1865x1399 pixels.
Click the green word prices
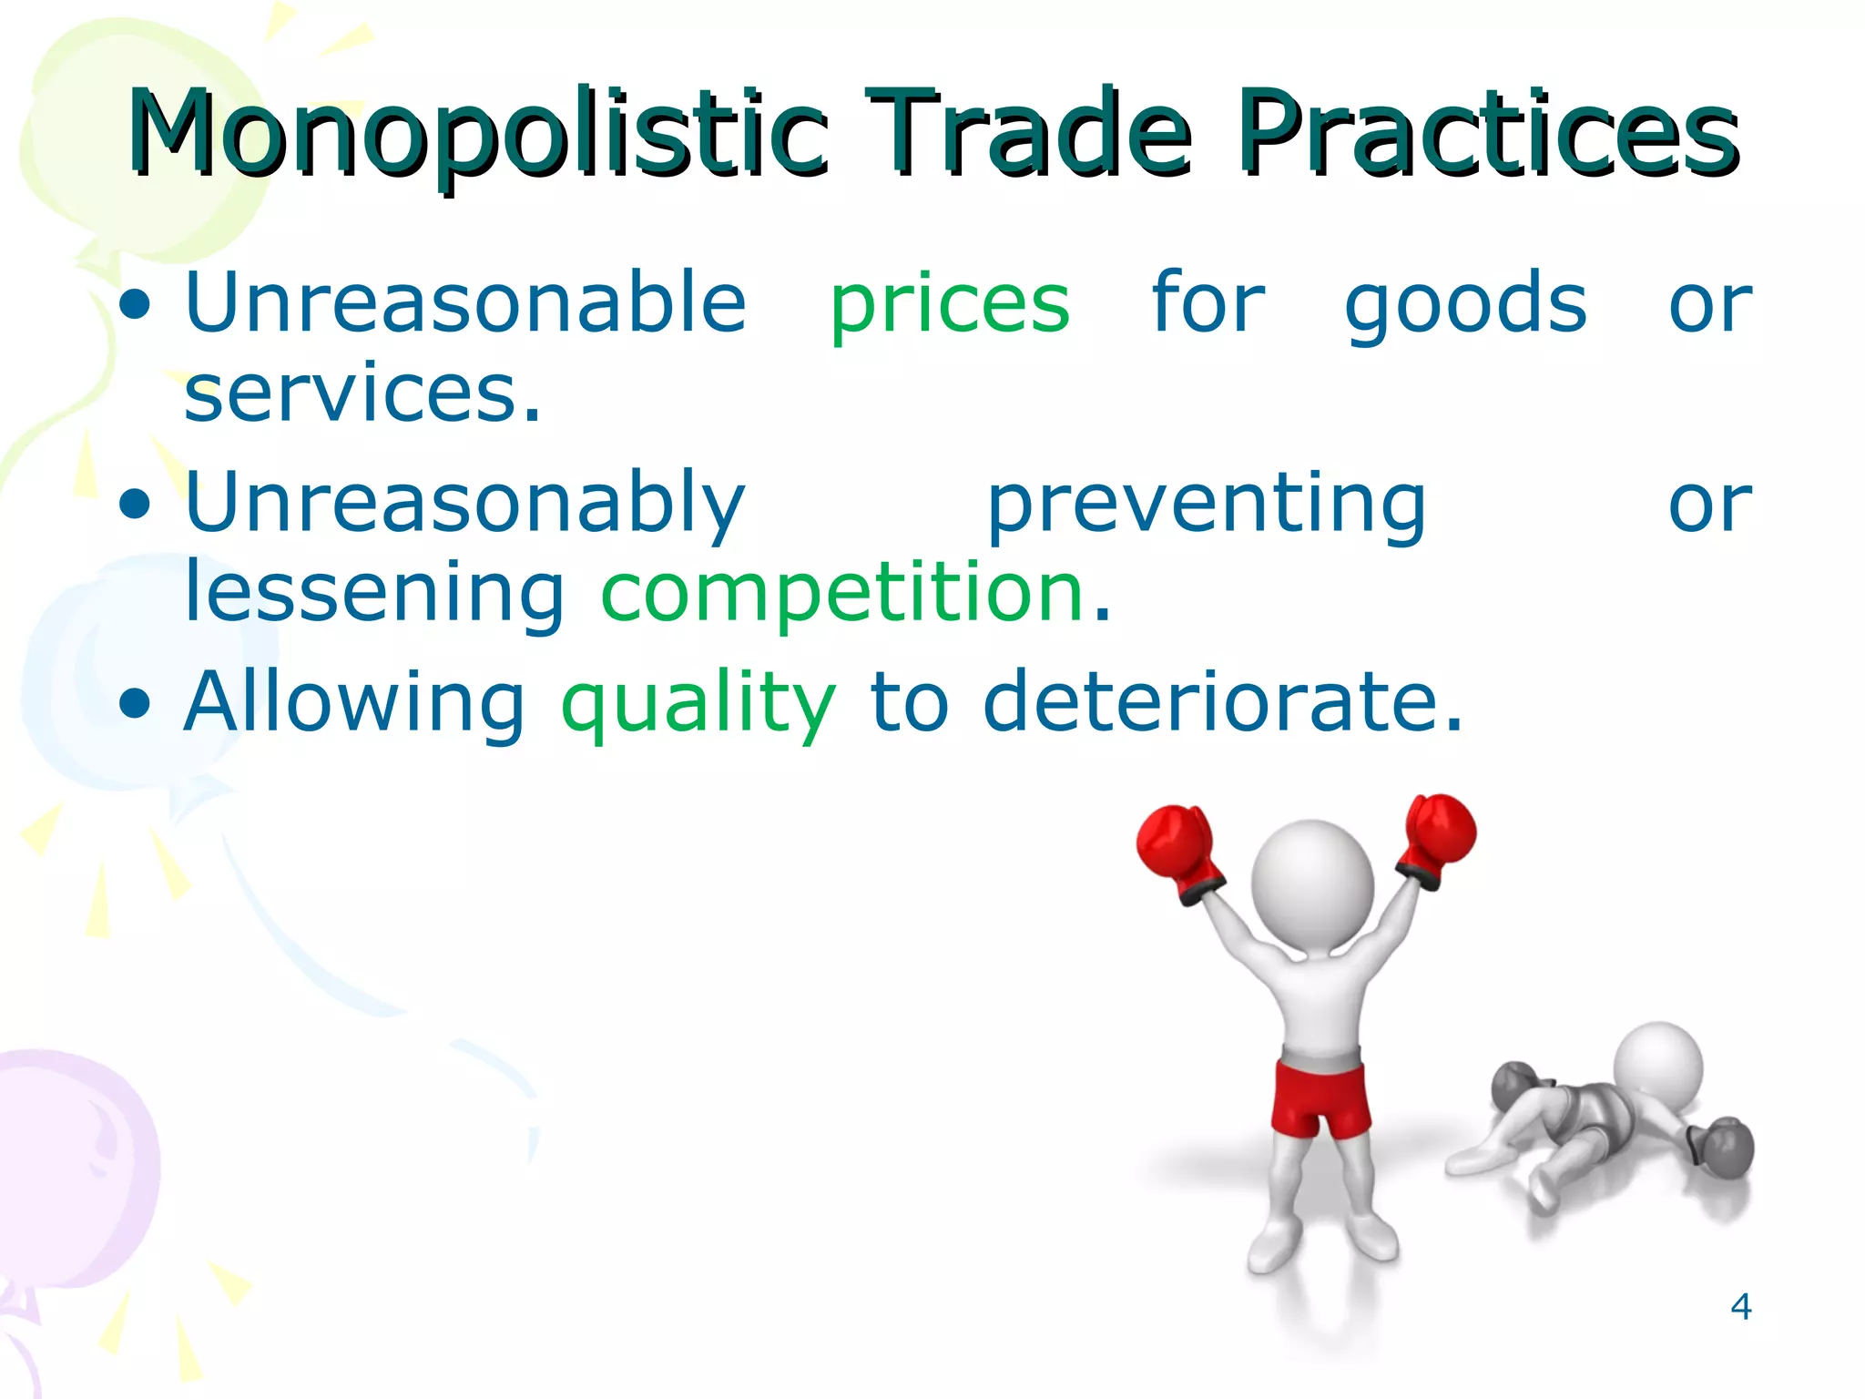click(x=950, y=305)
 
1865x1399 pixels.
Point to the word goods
click(x=1465, y=305)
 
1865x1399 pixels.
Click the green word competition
click(x=842, y=594)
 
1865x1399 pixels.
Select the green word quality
click(x=698, y=703)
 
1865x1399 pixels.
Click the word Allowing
click(x=354, y=703)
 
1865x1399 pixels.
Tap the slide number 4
click(x=1740, y=1307)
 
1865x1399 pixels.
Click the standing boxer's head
click(x=1311, y=883)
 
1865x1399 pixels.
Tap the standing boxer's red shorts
click(x=1320, y=1098)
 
